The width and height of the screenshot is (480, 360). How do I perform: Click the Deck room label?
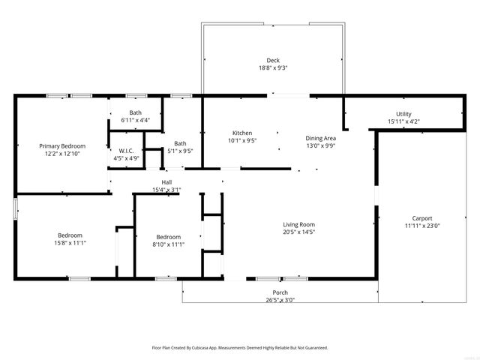click(x=273, y=61)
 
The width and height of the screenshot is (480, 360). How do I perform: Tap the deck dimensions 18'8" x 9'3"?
click(x=273, y=68)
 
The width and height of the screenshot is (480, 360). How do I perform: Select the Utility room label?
click(x=403, y=114)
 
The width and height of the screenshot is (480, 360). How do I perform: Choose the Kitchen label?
click(x=241, y=133)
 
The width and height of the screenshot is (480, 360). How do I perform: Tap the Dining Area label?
click(x=320, y=138)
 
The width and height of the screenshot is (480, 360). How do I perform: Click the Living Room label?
click(x=298, y=224)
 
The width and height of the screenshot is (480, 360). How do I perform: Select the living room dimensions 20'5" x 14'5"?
click(x=298, y=232)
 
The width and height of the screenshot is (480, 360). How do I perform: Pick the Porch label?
click(x=280, y=292)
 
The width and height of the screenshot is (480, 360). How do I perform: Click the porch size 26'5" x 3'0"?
click(x=280, y=300)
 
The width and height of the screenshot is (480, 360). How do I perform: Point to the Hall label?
click(x=166, y=182)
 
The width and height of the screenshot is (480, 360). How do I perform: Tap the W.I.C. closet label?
click(x=126, y=151)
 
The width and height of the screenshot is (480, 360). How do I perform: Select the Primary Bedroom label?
click(x=62, y=145)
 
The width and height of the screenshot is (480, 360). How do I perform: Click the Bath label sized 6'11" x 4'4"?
click(x=135, y=112)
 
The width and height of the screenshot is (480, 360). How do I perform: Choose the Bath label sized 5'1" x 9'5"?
click(x=180, y=143)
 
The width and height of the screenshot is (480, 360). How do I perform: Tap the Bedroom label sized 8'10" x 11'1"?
click(x=168, y=236)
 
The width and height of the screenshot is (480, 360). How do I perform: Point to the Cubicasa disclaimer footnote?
click(x=239, y=348)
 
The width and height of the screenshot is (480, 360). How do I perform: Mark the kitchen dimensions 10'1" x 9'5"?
click(x=241, y=140)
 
